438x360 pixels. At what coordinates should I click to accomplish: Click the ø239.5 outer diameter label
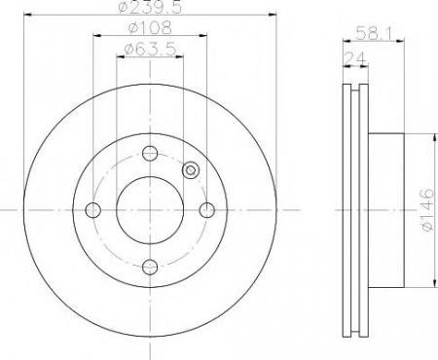(x=150, y=7)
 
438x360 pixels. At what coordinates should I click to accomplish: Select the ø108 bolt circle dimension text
(x=150, y=27)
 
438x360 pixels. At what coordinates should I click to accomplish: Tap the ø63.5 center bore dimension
(x=151, y=49)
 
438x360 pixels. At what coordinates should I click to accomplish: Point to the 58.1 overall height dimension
(x=374, y=33)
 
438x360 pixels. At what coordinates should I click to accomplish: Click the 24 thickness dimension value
(x=355, y=58)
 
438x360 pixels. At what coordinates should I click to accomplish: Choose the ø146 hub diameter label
(x=427, y=209)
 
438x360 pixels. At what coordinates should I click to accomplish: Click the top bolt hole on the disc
(x=150, y=153)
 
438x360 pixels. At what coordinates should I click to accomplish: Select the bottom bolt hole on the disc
(x=150, y=267)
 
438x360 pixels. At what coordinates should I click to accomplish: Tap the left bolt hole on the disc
(x=93, y=210)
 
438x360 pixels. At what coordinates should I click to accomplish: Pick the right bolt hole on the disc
(x=206, y=210)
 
